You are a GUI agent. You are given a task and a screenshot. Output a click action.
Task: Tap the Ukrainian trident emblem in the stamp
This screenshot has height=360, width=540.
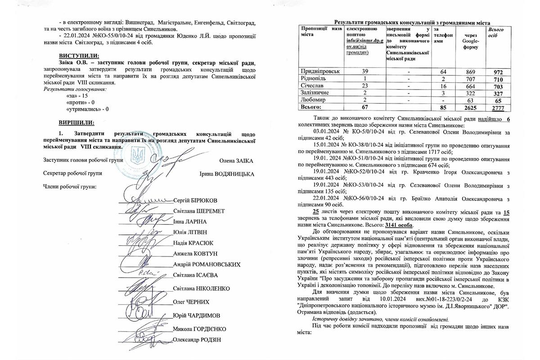[x=136, y=157]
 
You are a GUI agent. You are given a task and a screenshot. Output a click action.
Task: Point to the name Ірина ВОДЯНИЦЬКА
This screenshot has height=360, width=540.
[x=226, y=174]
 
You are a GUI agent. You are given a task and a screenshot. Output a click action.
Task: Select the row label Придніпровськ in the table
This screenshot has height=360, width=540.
[x=319, y=72]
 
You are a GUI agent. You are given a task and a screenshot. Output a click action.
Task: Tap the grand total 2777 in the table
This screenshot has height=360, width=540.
[x=497, y=108]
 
